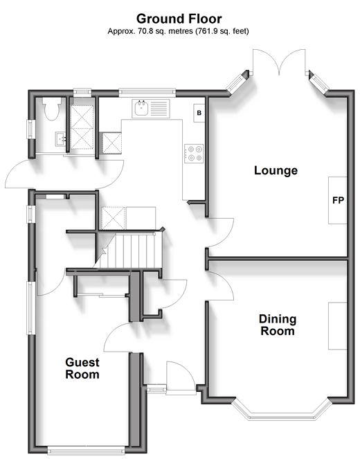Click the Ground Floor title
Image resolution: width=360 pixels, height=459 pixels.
click(x=179, y=19)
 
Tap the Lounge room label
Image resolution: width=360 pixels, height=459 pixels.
click(x=276, y=170)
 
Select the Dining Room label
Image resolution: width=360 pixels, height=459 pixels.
click(x=278, y=325)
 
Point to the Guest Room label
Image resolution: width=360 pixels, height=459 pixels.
click(x=82, y=368)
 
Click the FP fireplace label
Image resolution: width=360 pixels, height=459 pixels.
click(x=338, y=200)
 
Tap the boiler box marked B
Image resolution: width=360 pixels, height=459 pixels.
click(x=199, y=113)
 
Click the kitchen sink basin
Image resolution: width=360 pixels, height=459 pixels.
click(x=142, y=108)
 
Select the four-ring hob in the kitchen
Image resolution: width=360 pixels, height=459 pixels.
click(x=194, y=154)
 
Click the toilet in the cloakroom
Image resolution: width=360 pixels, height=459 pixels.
click(x=52, y=109)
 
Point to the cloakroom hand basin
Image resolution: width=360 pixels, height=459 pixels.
click(x=61, y=139)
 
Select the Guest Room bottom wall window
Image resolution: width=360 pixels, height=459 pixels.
click(x=86, y=450)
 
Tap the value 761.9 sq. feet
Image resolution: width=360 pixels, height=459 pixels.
click(x=223, y=31)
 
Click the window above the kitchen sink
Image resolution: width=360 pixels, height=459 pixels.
click(x=147, y=93)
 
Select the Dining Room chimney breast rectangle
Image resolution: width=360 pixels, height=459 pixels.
click(x=337, y=326)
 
